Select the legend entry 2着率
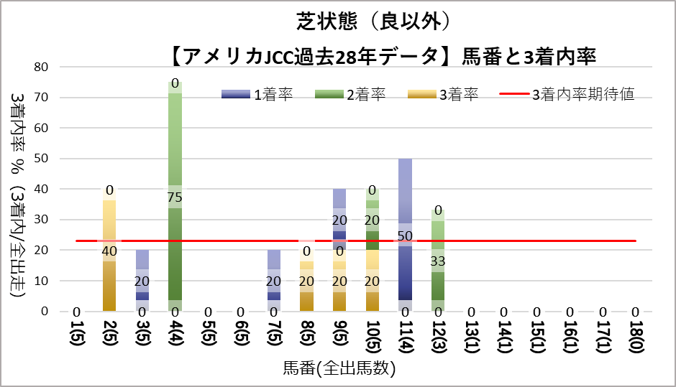tap(366, 95)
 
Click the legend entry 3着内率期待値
tap(583, 95)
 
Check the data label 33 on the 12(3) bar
tap(438, 261)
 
